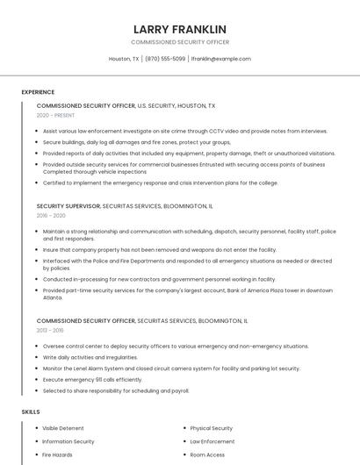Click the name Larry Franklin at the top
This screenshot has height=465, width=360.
pyautogui.click(x=180, y=29)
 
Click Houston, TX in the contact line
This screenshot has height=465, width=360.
pyautogui.click(x=123, y=59)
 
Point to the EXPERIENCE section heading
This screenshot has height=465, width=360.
pyautogui.click(x=38, y=91)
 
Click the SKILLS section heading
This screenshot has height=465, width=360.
pyautogui.click(x=31, y=411)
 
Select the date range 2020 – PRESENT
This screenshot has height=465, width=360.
pyautogui.click(x=55, y=116)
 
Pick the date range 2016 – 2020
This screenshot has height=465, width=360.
pyautogui.click(x=51, y=215)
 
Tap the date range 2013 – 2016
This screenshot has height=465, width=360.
pyautogui.click(x=50, y=331)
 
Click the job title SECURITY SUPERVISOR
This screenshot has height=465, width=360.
pyautogui.click(x=68, y=205)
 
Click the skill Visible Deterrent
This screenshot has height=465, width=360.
pyautogui.click(x=63, y=428)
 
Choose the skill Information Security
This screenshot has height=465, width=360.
pyautogui.click(x=68, y=441)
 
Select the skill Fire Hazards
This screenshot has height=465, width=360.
pyautogui.click(x=58, y=454)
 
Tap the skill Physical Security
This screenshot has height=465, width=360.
pyautogui.click(x=211, y=428)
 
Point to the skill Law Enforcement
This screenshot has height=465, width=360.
pyautogui.click(x=212, y=441)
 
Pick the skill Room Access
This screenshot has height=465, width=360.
pyautogui.click(x=207, y=454)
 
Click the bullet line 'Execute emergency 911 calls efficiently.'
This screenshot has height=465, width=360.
pyautogui.click(x=92, y=379)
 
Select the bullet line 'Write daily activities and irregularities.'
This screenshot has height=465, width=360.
pyautogui.click(x=90, y=357)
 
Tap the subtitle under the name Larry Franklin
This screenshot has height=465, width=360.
pyautogui.click(x=180, y=42)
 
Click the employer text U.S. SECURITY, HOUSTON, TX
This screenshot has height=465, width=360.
pyautogui.click(x=176, y=105)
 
